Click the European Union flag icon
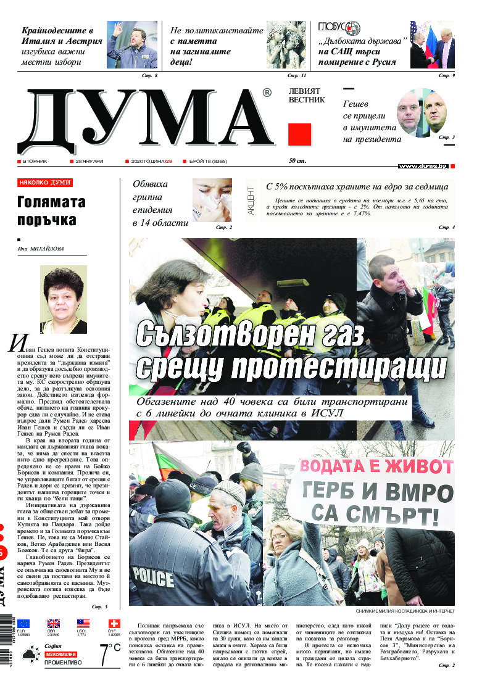23,623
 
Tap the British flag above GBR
54,623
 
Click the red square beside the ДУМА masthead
300,134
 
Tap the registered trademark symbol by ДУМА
267,93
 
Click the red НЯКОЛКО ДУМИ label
45,183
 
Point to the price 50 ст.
298,161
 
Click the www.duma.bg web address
423,166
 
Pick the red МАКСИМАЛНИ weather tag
60,653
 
